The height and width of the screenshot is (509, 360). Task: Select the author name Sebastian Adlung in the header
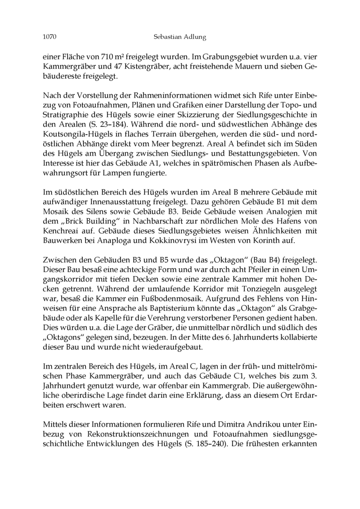pyautogui.click(x=180, y=37)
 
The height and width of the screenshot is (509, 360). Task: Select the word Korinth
pyautogui.click(x=280, y=241)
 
